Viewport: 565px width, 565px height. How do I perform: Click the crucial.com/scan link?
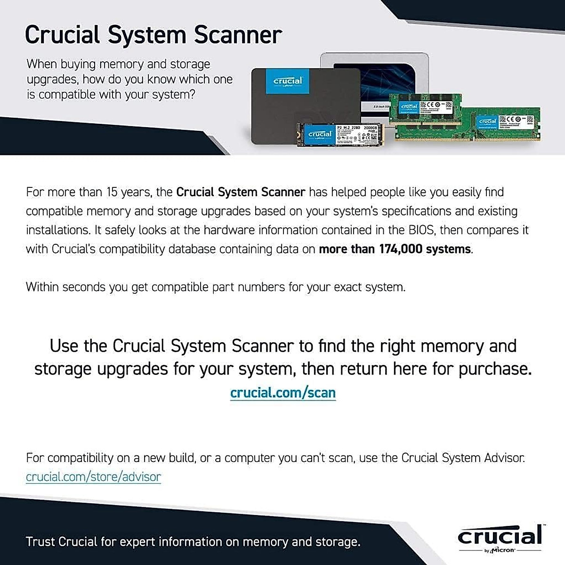coord(283,393)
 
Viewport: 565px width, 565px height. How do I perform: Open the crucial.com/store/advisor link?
coord(93,477)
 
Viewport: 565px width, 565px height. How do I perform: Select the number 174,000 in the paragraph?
coord(401,249)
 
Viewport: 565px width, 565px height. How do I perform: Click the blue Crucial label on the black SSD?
coord(288,81)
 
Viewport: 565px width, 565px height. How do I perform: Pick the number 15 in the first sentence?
coord(112,192)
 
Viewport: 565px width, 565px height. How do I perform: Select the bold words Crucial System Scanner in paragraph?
coord(241,192)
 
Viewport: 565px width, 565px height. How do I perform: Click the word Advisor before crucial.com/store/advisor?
coord(506,458)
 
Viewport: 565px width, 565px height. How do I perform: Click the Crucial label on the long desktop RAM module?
coord(487,121)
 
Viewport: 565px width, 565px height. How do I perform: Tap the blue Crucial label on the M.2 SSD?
coord(320,135)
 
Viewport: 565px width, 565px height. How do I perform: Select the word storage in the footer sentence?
coord(337,542)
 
